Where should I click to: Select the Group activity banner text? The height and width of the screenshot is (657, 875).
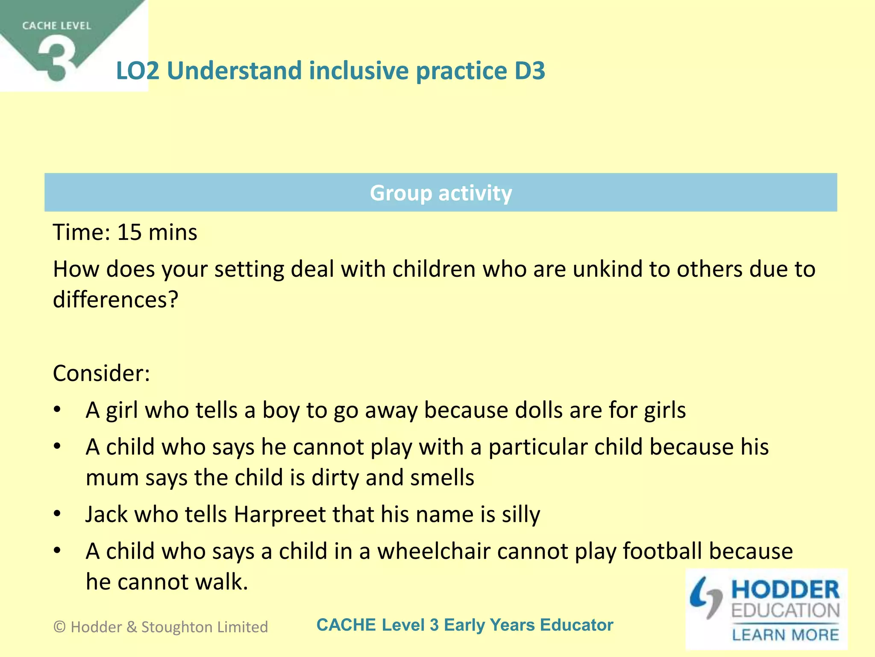[x=440, y=193]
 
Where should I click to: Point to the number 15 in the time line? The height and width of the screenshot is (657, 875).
[x=129, y=233]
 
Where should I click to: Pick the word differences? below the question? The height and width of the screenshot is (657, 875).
[x=115, y=299]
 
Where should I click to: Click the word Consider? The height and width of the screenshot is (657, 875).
[x=101, y=373]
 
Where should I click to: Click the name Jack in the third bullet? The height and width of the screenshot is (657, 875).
[x=106, y=514]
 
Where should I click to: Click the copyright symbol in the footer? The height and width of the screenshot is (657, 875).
[x=60, y=627]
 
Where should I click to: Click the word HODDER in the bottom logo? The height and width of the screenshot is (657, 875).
[x=785, y=590]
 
